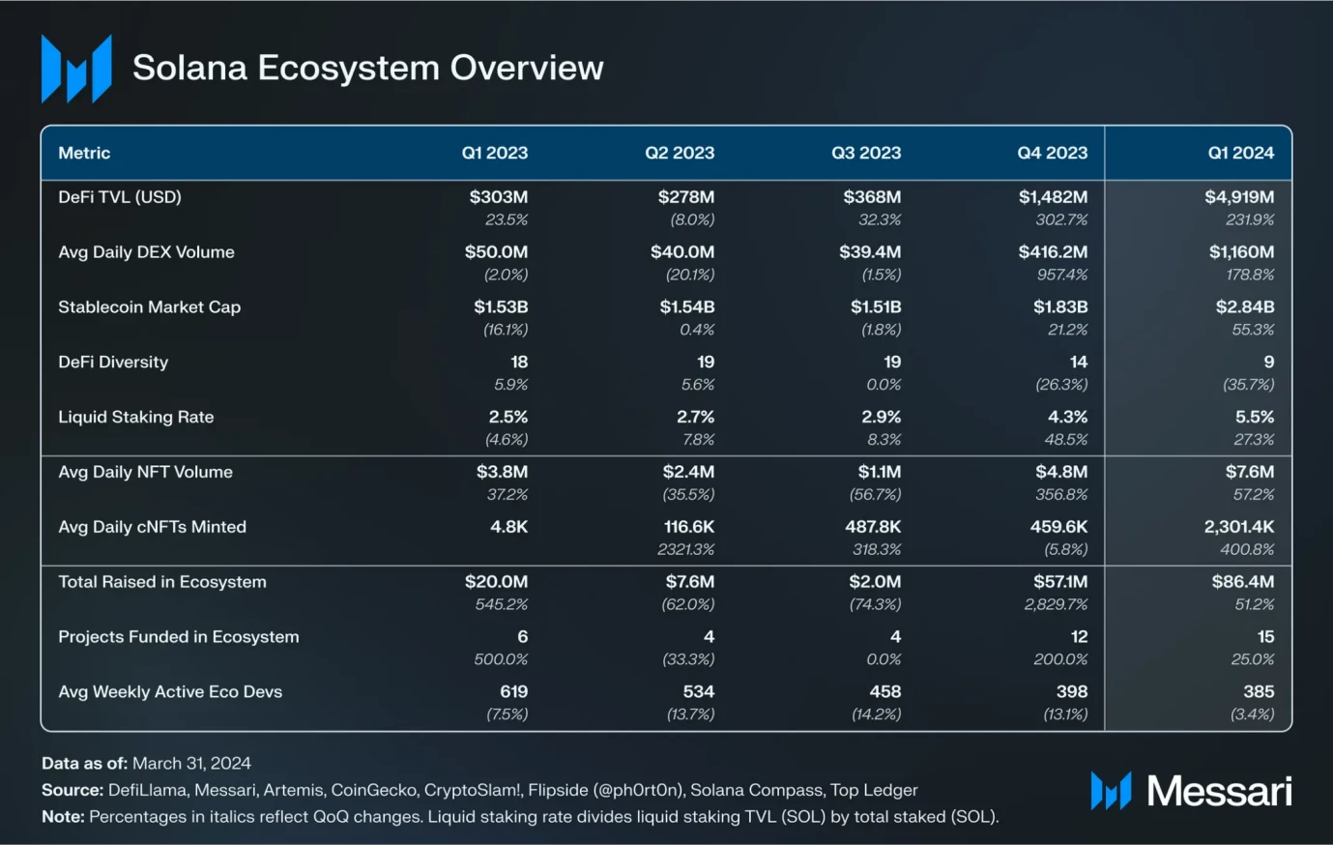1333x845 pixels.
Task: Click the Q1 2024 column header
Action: click(1240, 153)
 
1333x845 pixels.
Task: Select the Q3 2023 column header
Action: click(865, 153)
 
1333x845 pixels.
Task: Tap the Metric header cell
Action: click(84, 153)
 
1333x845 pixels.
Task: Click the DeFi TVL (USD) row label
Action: click(120, 197)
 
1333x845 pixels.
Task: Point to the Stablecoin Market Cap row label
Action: click(149, 307)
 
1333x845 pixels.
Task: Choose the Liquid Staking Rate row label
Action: click(135, 418)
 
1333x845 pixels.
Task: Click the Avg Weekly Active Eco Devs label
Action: click(170, 692)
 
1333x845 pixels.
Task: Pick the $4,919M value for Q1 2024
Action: click(1238, 197)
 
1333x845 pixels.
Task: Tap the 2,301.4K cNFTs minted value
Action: click(1238, 527)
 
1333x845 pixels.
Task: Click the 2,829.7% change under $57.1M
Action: click(1056, 604)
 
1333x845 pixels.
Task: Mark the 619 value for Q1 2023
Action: click(513, 692)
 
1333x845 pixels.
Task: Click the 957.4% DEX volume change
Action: click(1061, 275)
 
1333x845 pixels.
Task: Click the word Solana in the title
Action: click(189, 68)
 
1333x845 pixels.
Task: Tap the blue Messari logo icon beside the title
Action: click(75, 68)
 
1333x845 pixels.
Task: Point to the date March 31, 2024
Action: click(191, 763)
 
